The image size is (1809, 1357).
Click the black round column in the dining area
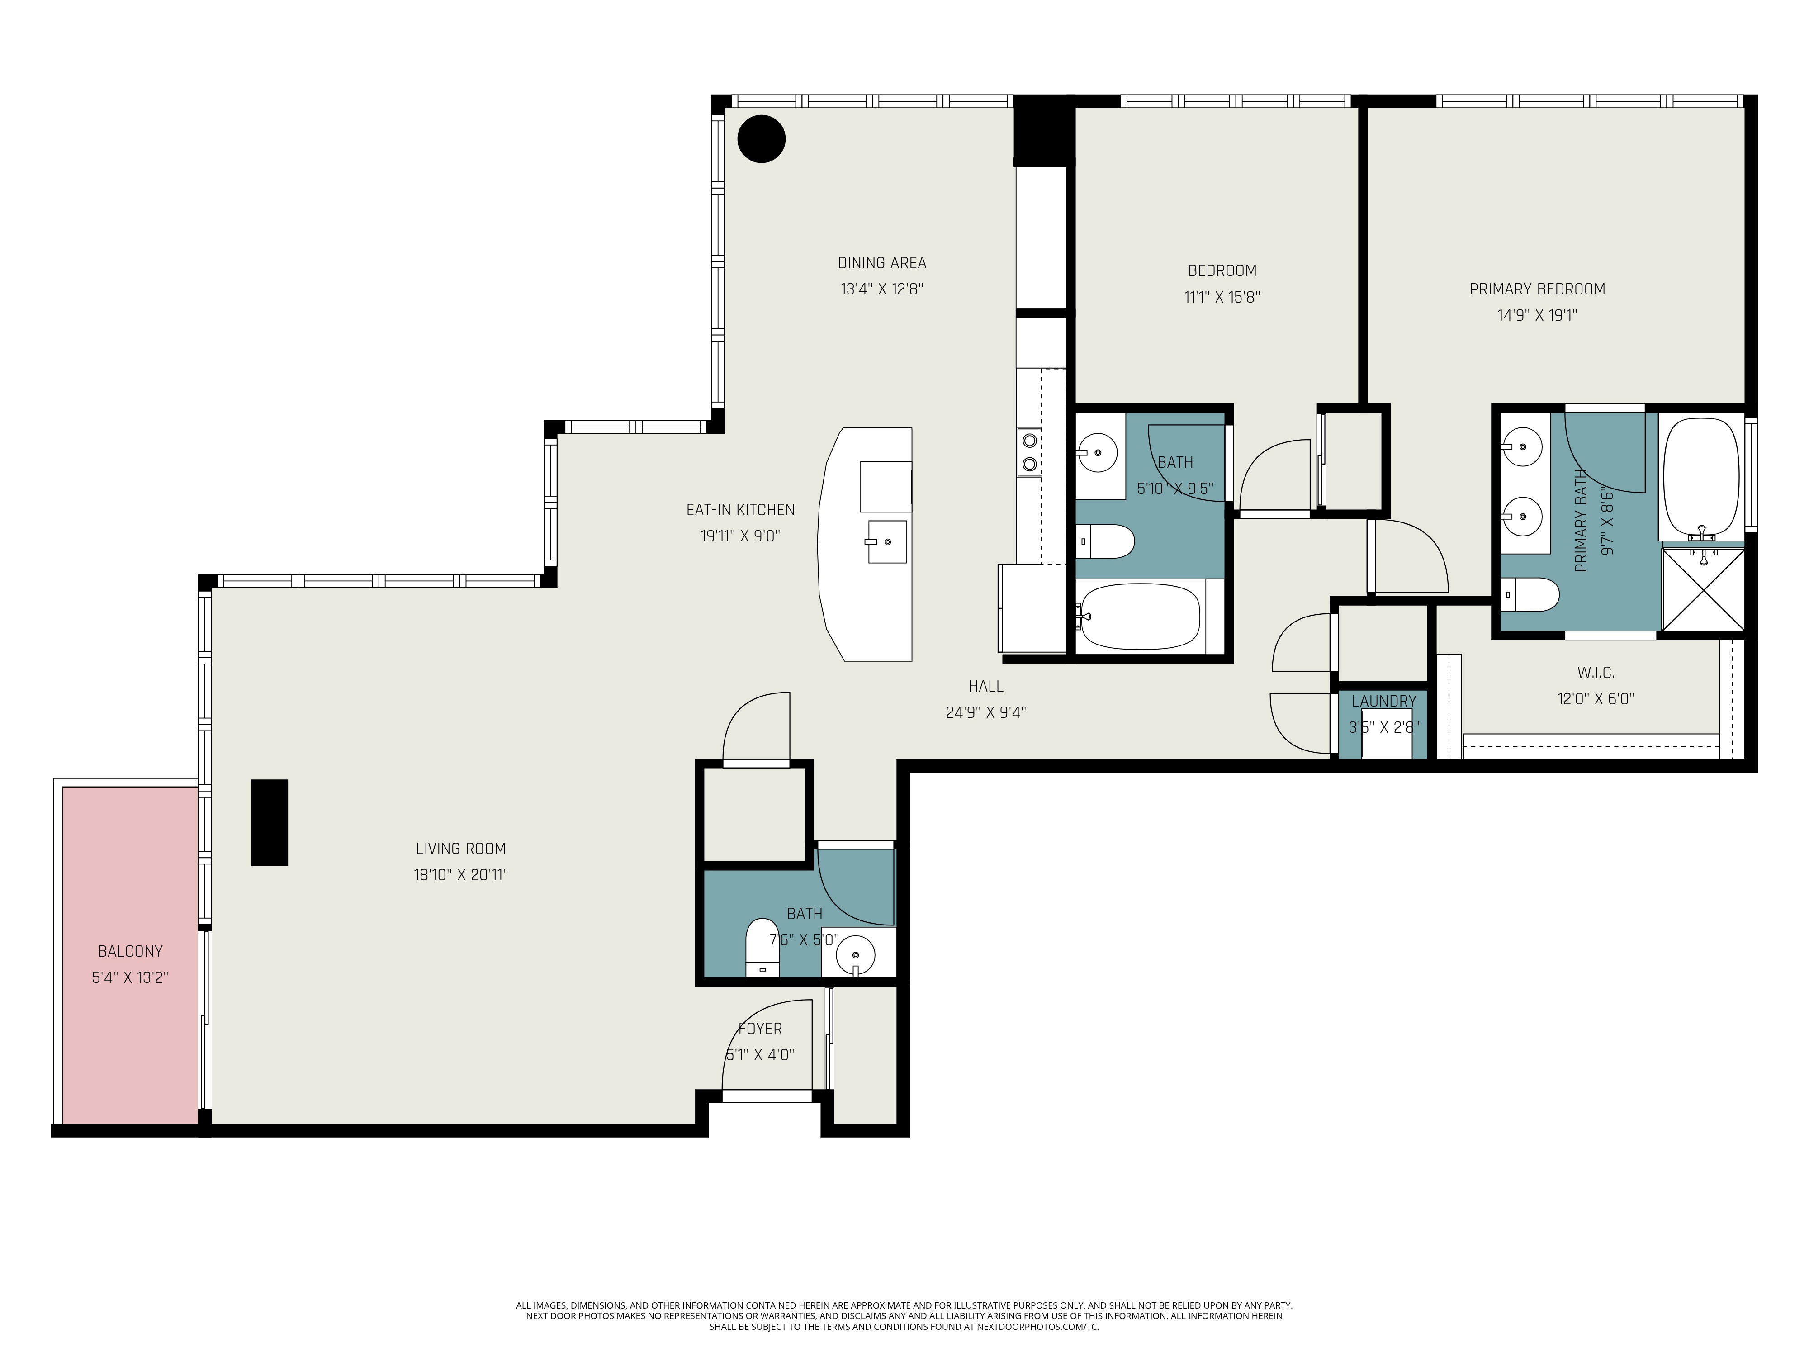[x=762, y=139]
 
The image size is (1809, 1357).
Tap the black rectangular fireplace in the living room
[x=269, y=822]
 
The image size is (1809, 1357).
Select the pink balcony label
[x=130, y=951]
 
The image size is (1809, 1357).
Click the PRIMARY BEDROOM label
[x=1537, y=289]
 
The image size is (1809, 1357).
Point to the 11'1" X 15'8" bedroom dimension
[x=1222, y=297]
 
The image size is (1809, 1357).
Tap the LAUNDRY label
[x=1384, y=701]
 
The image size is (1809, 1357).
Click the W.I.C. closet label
[x=1596, y=672]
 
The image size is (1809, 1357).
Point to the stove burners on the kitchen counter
[x=1029, y=452]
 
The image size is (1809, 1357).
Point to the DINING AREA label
[x=881, y=262]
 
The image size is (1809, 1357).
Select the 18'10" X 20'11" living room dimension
[x=460, y=874]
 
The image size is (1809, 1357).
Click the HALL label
[x=985, y=686]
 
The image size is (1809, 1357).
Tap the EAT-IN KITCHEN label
[x=740, y=510]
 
